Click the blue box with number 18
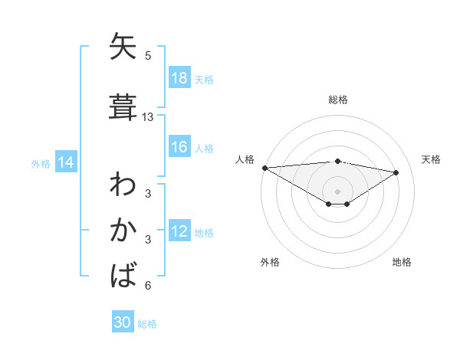tap(179, 78)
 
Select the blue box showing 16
tap(179, 147)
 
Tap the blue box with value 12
tap(179, 232)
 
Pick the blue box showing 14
tap(66, 162)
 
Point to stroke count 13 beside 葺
tap(148, 117)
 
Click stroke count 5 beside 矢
tap(148, 55)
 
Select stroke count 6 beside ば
tap(148, 286)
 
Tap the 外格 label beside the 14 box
tap(41, 163)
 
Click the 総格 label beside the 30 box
tap(147, 324)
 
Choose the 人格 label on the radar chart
tap(245, 159)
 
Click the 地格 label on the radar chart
tap(402, 262)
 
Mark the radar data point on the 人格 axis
tap(264, 168)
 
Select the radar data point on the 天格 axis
tap(396, 172)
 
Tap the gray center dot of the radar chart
tap(337, 191)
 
